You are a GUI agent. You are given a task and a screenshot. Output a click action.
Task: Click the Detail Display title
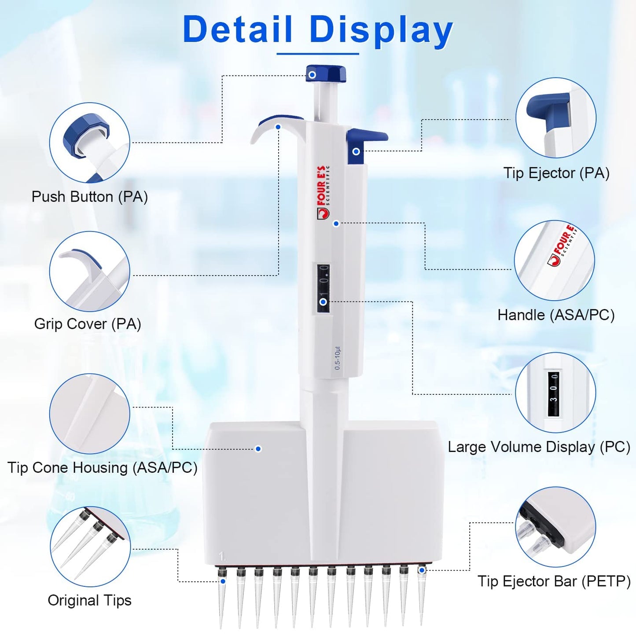(x=318, y=30)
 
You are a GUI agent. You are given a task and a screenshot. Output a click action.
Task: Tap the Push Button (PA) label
(x=89, y=197)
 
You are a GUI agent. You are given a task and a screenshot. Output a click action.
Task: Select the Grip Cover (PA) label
(x=88, y=324)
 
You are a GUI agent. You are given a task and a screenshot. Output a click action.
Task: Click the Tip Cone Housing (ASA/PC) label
(x=102, y=467)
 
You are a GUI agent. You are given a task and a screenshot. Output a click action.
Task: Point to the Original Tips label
(x=89, y=600)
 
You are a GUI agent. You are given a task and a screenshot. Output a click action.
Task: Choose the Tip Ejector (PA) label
(x=556, y=173)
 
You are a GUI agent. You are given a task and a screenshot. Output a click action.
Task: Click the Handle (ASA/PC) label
(x=556, y=315)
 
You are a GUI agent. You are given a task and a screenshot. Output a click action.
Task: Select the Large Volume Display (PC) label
(x=539, y=447)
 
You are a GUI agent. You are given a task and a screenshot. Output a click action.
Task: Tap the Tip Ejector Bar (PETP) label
(x=554, y=581)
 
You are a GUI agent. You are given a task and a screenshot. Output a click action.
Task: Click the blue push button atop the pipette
(x=326, y=74)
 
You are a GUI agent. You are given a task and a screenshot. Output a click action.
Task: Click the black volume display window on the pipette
(x=324, y=288)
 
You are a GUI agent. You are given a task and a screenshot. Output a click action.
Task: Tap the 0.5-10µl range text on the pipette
(x=338, y=358)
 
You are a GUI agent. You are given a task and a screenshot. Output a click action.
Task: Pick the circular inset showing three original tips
(x=90, y=546)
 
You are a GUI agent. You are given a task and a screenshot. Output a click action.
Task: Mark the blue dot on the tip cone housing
(x=258, y=449)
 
